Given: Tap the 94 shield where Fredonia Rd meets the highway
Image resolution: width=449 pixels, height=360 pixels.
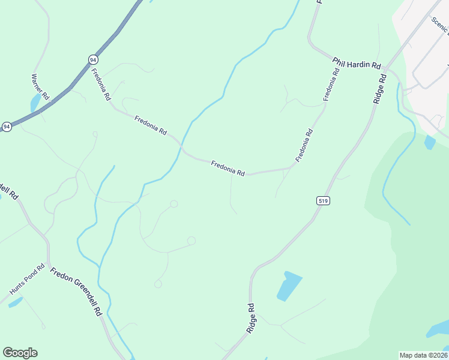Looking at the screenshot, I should pos(92,60).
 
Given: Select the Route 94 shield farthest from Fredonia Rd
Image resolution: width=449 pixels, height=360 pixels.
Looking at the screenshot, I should pos(6,127).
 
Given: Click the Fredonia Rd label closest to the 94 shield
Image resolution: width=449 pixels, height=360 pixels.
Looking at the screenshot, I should pos(101,84).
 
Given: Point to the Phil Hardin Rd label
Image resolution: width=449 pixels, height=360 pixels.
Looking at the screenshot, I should pos(357,62).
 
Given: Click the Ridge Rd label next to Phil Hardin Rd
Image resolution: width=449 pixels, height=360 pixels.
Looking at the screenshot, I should pos(379,89).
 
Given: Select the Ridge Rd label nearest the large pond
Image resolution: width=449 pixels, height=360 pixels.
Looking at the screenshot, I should pos(252,318).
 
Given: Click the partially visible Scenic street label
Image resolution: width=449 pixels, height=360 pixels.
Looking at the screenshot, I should pos(439,26).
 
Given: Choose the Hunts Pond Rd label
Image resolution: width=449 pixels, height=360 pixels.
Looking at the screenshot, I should pos(27,279).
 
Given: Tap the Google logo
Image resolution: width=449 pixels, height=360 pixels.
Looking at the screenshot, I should pos(20,353).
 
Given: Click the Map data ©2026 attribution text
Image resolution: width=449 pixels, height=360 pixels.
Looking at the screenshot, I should pos(423,355).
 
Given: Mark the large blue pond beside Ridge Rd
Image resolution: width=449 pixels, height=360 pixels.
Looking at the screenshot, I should pos(289,286).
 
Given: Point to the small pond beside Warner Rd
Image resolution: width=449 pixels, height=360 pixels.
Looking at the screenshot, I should pos(35,102).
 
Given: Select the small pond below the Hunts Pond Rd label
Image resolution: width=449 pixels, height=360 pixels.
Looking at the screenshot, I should pos(16,302).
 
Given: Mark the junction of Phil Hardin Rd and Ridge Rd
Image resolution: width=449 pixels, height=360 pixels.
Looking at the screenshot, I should pos(389,68).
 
